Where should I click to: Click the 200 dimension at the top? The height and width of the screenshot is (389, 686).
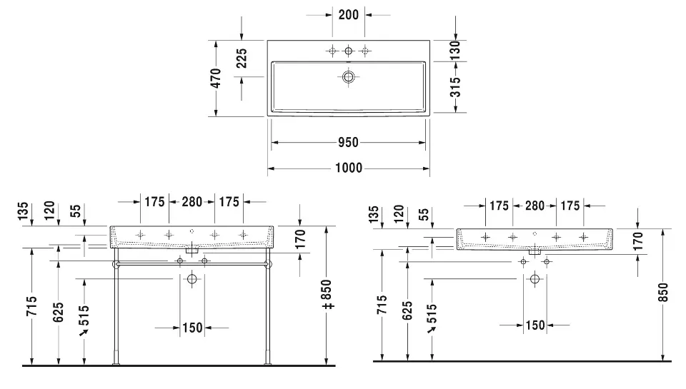(348, 15)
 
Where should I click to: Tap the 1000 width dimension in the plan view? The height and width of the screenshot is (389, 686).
(349, 168)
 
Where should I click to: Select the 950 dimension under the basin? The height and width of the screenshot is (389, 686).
(348, 143)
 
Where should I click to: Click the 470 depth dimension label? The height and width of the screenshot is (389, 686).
(216, 79)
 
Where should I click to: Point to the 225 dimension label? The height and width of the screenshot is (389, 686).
(242, 59)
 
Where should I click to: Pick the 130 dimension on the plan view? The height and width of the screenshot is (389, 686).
(455, 50)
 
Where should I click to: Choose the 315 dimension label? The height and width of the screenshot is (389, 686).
(455, 87)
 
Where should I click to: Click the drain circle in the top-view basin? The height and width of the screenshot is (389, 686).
(348, 77)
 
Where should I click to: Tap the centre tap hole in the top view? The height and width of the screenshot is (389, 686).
(348, 51)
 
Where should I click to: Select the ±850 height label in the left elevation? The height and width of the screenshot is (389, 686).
(328, 295)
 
